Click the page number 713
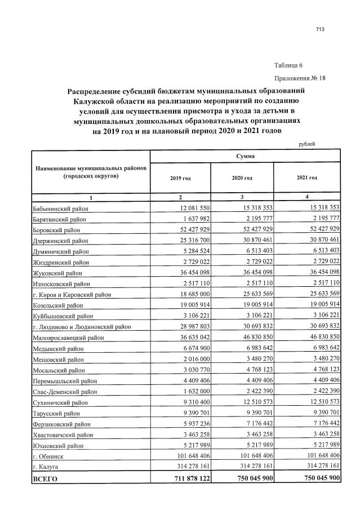click(x=322, y=29)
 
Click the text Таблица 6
click(x=289, y=65)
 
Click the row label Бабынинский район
click(x=61, y=209)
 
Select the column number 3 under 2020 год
click(x=242, y=197)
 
